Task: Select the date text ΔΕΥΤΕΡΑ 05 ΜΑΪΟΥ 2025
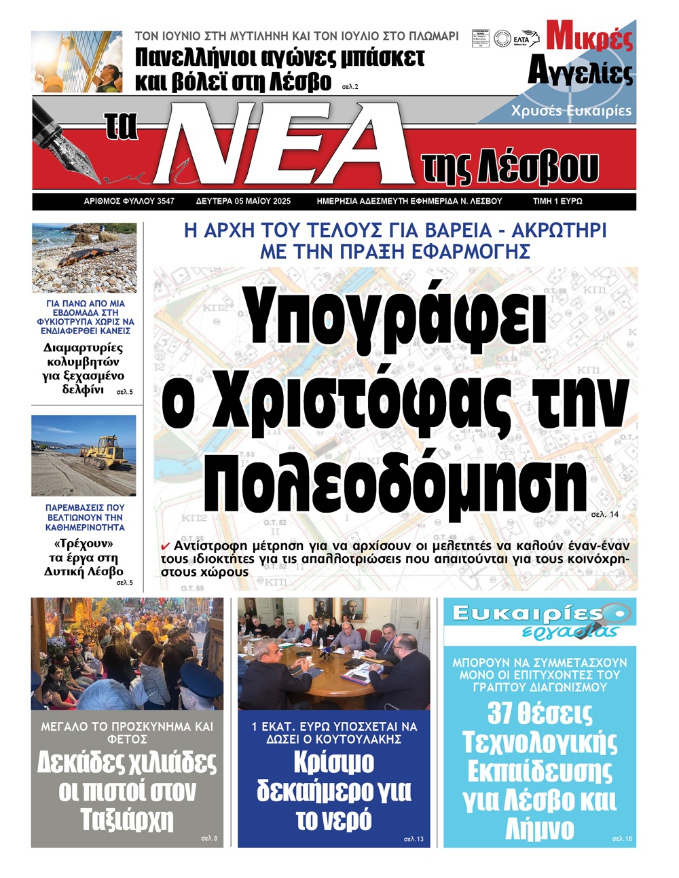click(243, 201)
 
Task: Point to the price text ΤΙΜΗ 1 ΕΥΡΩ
click(557, 201)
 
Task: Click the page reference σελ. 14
click(605, 515)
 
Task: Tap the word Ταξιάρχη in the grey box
click(127, 820)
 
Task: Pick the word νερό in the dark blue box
click(333, 820)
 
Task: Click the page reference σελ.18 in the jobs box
click(622, 839)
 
